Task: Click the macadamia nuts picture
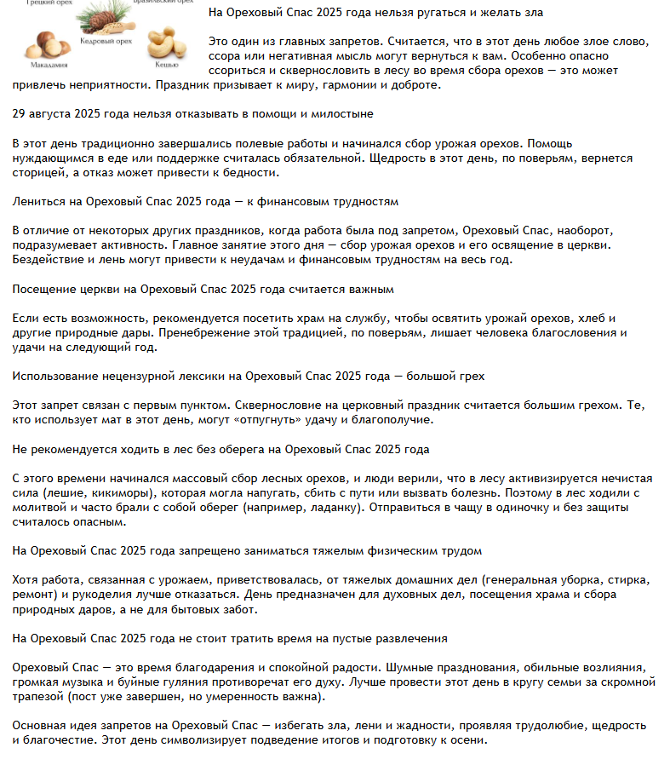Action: [42, 43]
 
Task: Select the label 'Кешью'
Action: [167, 64]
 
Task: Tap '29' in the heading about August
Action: [20, 112]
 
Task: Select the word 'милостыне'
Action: [344, 112]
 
